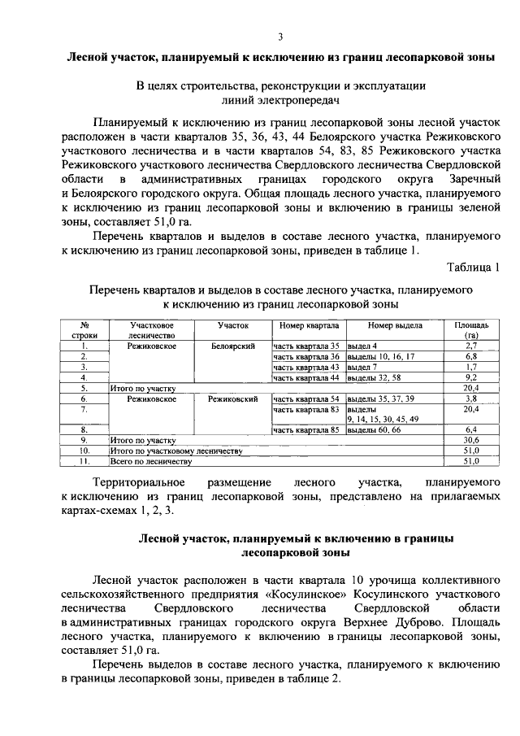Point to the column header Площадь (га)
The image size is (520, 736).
pyautogui.click(x=470, y=329)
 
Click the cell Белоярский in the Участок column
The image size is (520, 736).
pyautogui.click(x=232, y=346)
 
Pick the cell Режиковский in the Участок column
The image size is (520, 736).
pyautogui.click(x=232, y=399)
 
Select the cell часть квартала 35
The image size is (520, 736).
pyautogui.click(x=305, y=346)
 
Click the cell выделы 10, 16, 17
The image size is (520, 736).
pyautogui.click(x=381, y=357)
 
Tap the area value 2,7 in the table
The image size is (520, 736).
pyautogui.click(x=470, y=346)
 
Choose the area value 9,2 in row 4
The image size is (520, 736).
pyautogui.click(x=470, y=378)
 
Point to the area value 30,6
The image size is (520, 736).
pyautogui.click(x=470, y=440)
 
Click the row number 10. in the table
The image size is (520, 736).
pyautogui.click(x=84, y=451)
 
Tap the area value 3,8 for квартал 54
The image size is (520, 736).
pyautogui.click(x=470, y=399)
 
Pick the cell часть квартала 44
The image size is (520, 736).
pyautogui.click(x=305, y=378)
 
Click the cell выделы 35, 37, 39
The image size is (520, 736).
pyautogui.click(x=381, y=399)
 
